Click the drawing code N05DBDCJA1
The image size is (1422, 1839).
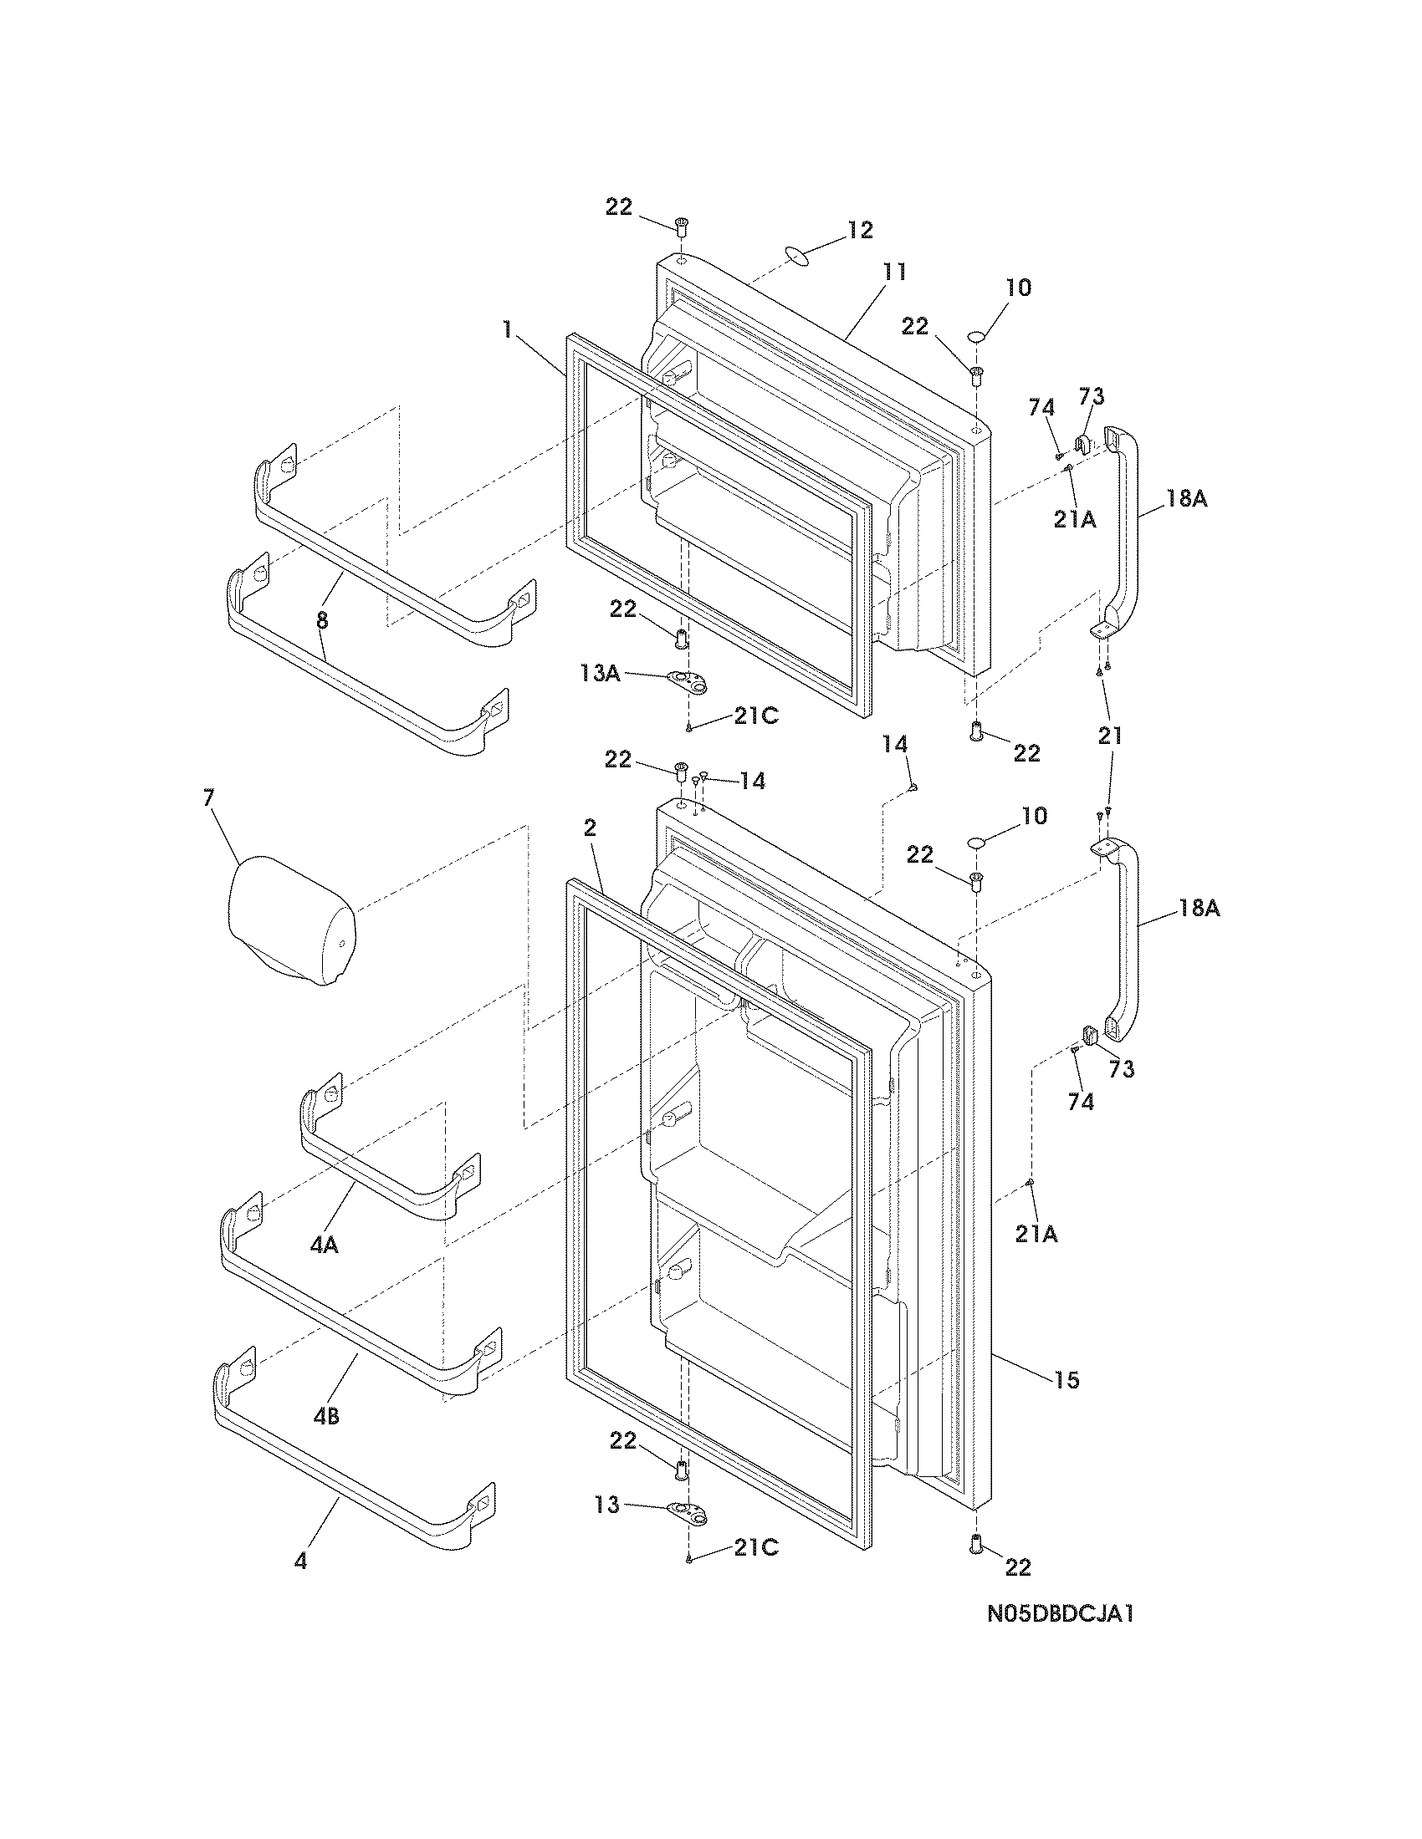click(1061, 1638)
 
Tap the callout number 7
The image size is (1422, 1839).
click(208, 798)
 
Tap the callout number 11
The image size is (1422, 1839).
click(894, 272)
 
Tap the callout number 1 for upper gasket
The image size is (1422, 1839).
click(507, 329)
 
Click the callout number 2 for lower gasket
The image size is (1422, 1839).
click(590, 828)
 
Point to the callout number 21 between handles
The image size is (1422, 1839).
click(1110, 736)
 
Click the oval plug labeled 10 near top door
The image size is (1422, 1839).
click(976, 337)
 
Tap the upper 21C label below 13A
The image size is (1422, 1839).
click(755, 716)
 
